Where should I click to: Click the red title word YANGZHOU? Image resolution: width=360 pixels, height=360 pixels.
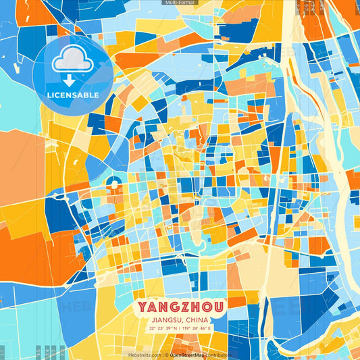pos(180,307)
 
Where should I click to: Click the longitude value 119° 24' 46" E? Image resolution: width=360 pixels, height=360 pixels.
pos(197,328)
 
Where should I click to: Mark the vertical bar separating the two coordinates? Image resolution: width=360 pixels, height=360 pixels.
pos(179,328)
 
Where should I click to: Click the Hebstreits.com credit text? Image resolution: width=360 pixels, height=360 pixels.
pos(144,354)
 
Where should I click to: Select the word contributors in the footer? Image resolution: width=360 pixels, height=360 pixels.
pos(220,354)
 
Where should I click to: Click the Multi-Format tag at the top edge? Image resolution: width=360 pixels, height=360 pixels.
pos(180,3)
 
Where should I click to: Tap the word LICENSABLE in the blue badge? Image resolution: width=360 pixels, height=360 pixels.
pos(72,94)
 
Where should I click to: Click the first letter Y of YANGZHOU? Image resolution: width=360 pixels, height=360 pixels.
pos(143,307)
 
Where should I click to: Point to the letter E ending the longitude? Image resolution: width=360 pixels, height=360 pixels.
pos(209,328)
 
